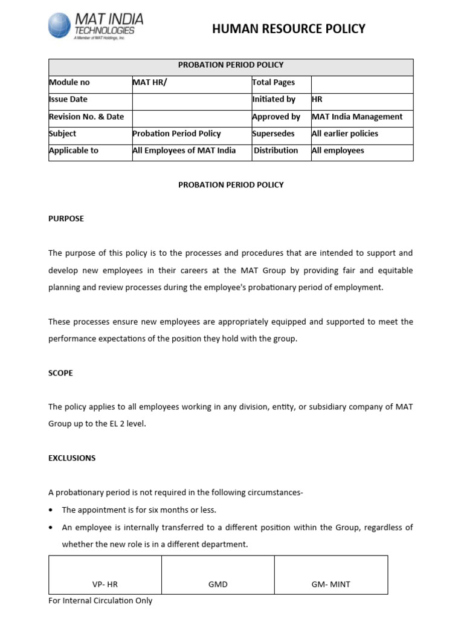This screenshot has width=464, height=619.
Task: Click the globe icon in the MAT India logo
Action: (x=60, y=26)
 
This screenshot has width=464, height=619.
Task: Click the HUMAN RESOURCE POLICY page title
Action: (x=289, y=28)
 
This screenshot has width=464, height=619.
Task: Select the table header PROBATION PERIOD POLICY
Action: (x=230, y=65)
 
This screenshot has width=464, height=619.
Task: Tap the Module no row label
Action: (x=69, y=83)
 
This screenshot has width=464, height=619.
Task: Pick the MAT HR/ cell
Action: (x=149, y=83)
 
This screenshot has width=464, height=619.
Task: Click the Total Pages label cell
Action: (x=274, y=83)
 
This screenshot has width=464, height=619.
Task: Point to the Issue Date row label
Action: (x=68, y=99)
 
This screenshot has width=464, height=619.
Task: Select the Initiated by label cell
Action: (x=274, y=99)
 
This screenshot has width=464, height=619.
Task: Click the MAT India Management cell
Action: (x=356, y=117)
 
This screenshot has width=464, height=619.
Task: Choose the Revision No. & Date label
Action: (x=86, y=117)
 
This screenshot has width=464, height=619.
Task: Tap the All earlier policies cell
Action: (x=344, y=134)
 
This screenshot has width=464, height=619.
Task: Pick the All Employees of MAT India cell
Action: (x=184, y=151)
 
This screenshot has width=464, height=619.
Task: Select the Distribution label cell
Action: (x=276, y=151)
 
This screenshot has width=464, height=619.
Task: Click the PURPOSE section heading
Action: (x=66, y=219)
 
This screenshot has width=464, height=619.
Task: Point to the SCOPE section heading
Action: (x=60, y=373)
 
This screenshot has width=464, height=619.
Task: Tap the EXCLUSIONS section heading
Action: (x=72, y=458)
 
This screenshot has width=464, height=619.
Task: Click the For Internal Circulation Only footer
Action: (x=100, y=601)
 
